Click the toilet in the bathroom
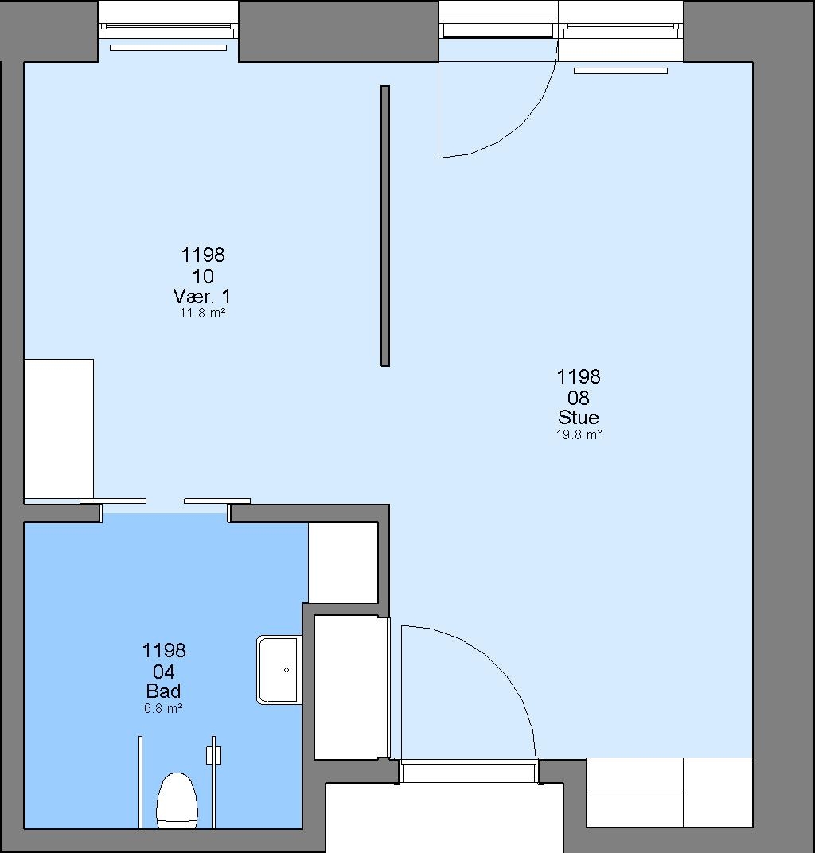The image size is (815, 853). [x=177, y=800]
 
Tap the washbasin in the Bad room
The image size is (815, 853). [x=279, y=670]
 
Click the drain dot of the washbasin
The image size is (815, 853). [x=287, y=670]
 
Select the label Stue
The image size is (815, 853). [x=579, y=417]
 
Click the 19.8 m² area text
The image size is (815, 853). [x=579, y=434]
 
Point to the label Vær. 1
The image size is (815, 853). [x=202, y=297]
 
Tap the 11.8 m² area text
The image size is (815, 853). [x=202, y=314]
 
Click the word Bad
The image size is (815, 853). [x=163, y=691]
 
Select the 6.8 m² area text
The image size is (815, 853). [x=163, y=708]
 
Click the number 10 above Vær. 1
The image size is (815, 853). [x=203, y=276]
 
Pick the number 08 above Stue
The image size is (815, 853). [x=579, y=398]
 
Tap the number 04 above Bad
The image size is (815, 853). [x=164, y=672]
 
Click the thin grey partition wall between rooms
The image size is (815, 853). [x=385, y=226]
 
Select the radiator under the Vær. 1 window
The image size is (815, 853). [x=168, y=48]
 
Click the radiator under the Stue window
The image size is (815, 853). [x=621, y=71]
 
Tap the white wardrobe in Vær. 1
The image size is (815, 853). [x=59, y=429]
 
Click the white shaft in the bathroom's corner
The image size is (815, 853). [x=343, y=563]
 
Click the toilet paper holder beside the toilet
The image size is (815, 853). [x=214, y=755]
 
